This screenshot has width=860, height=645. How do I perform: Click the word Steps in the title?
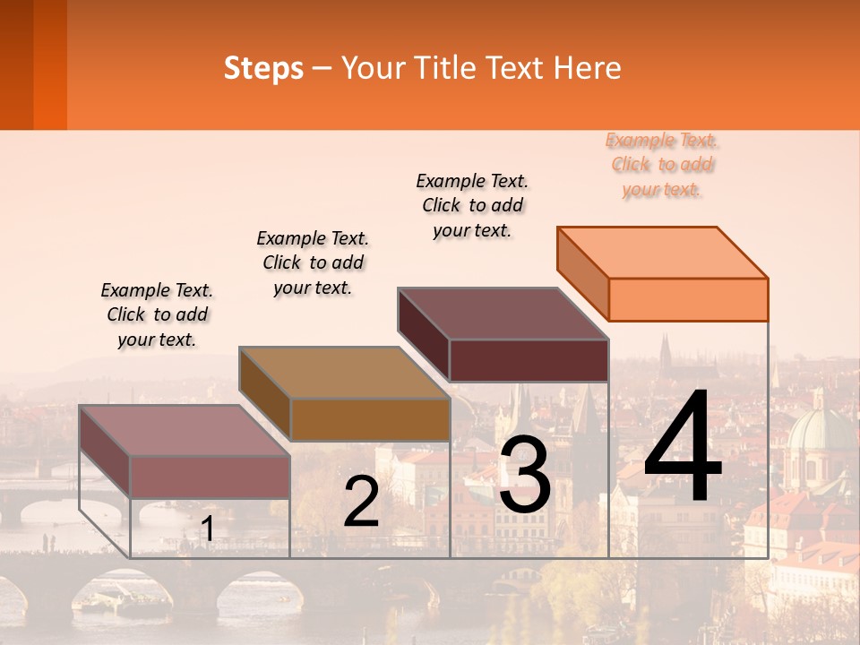coord(263,68)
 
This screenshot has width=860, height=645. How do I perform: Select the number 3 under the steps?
coord(524,476)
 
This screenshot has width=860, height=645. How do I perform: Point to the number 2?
coord(361,503)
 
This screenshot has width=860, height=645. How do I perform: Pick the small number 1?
coord(207,529)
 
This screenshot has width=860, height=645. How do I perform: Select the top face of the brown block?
coord(344,373)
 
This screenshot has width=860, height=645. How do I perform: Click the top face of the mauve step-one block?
coord(185,431)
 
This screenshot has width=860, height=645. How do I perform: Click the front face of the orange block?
coord(688,299)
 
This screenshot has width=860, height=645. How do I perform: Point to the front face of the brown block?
coord(370,419)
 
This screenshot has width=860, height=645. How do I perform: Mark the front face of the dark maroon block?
coord(529,360)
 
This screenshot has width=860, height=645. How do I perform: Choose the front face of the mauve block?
coord(210,477)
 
